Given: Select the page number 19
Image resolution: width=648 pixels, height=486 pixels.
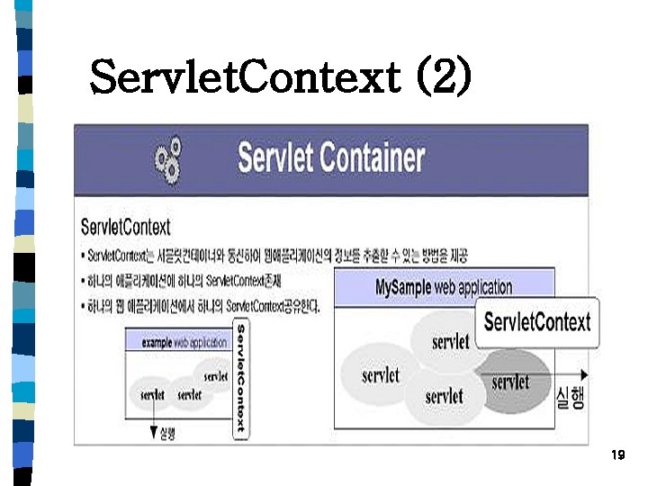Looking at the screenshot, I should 616,455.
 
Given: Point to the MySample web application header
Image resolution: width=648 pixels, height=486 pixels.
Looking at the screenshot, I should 444,288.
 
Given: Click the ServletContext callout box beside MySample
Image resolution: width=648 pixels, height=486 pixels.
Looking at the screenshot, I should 537,321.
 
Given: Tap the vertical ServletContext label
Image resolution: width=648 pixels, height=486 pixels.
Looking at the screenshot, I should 240,381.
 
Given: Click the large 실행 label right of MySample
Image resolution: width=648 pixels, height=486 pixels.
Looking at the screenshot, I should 571,397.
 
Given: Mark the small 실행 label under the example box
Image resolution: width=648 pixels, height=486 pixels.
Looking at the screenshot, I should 167,435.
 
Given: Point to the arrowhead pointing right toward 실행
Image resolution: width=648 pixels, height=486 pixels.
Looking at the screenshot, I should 586,373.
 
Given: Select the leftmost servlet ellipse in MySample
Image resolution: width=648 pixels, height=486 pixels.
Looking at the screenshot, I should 380,375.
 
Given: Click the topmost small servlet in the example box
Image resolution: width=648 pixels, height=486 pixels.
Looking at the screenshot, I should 216,376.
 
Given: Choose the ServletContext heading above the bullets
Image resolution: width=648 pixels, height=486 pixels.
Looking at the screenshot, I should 125,227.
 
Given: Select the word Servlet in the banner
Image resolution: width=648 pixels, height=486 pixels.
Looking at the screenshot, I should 278,158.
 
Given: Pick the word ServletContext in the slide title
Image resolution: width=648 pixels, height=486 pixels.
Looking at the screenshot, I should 244,77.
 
